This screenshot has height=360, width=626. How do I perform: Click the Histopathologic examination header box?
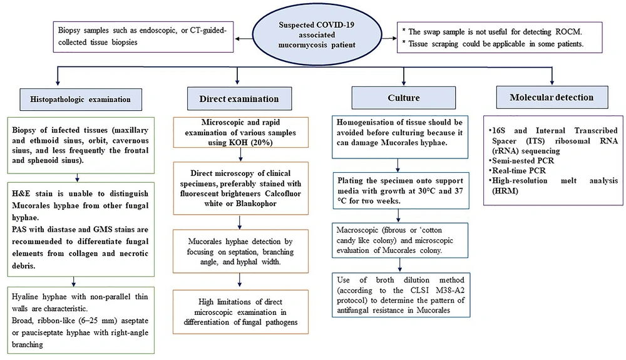coord(81,100)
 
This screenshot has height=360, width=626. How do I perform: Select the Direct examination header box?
coord(239,98)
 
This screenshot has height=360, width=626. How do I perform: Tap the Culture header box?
coord(403,98)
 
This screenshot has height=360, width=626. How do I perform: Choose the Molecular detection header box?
coord(552,98)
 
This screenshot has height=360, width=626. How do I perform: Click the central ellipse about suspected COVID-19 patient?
coord(317,34)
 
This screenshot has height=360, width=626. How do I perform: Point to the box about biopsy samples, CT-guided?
coord(143,37)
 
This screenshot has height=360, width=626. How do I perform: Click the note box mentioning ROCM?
coord(500,38)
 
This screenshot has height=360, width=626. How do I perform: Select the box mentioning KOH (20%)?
coord(241,133)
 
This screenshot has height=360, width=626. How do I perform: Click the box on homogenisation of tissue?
coord(400,137)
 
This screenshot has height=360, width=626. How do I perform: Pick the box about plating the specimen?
coord(401,191)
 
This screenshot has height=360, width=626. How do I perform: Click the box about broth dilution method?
coord(401,295)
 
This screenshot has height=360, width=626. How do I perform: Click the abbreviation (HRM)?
coord(505,191)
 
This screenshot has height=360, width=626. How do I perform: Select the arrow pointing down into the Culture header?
coord(404,76)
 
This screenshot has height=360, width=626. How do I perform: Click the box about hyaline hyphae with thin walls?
coord(81,320)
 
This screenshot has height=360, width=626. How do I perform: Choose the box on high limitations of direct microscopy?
coord(241,312)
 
